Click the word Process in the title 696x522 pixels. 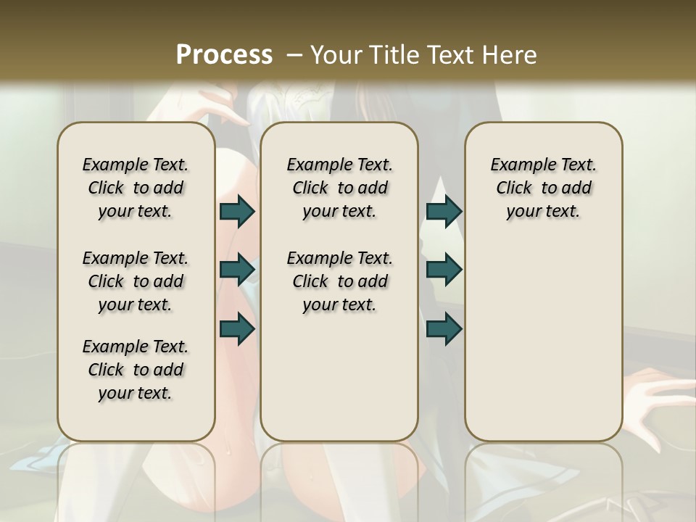point(224,55)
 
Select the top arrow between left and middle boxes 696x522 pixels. point(237,211)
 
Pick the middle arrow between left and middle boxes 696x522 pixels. point(237,270)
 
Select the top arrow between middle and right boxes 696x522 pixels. point(444,211)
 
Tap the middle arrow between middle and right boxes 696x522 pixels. point(444,270)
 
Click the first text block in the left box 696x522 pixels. point(136,188)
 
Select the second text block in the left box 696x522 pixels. point(136,281)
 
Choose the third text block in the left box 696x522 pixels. point(136,370)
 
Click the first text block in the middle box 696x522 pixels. point(339,188)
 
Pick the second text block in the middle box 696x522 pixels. point(339,281)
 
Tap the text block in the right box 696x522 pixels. point(544,188)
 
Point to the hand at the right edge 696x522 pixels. point(656,395)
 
